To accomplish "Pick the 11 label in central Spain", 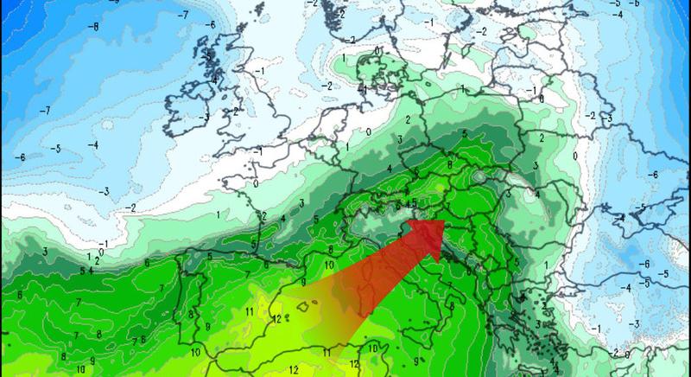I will [249, 311].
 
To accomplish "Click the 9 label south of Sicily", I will [416, 359].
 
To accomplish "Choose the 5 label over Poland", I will [465, 133].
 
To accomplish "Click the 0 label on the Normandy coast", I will [257, 184].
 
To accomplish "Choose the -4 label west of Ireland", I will [94, 144].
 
